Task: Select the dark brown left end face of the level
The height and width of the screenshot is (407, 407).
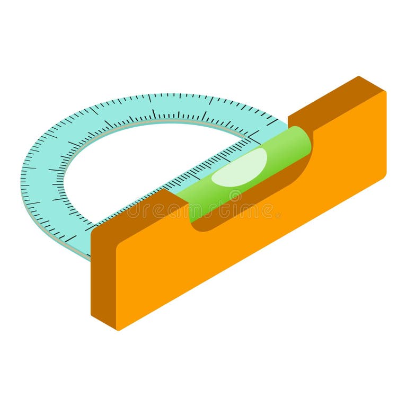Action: [x=103, y=276]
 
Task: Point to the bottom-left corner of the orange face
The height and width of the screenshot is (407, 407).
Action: [x=118, y=329]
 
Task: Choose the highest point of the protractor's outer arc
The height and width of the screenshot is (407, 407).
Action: [x=159, y=94]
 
